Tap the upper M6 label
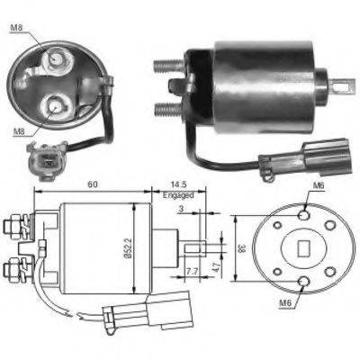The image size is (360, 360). [317, 186]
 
